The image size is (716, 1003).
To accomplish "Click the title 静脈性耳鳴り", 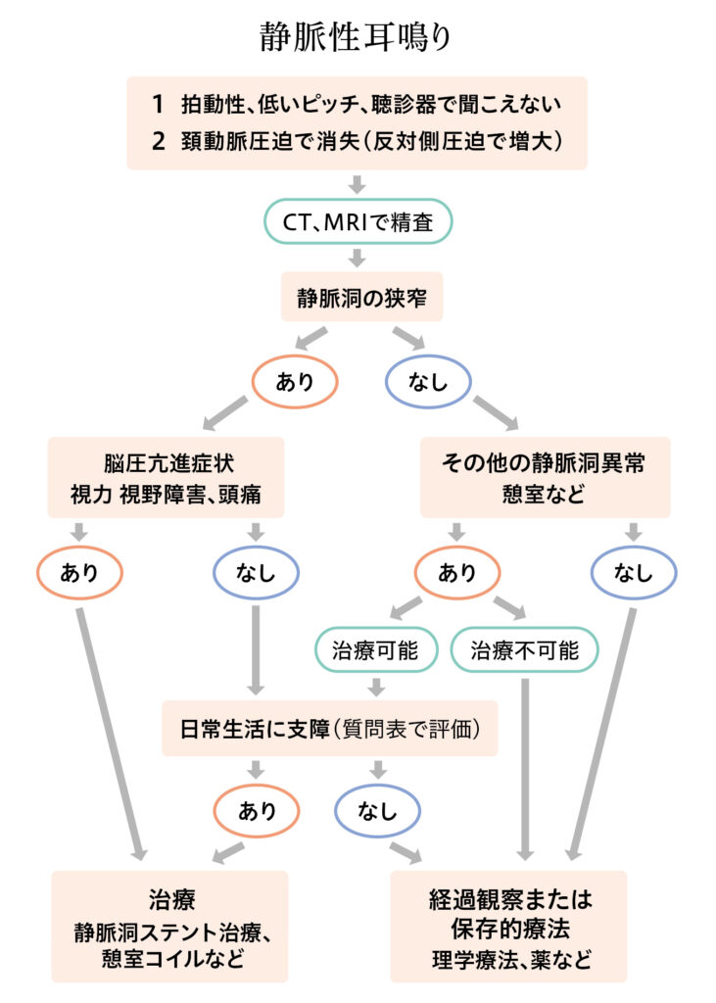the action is point(356,36).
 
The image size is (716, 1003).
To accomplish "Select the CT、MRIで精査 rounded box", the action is point(358,221).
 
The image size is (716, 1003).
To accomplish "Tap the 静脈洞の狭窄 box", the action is point(361,297).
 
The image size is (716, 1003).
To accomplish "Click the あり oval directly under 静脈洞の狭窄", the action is point(295,381).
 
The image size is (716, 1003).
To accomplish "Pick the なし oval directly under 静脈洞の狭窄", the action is point(428,381).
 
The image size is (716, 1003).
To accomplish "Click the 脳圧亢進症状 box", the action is point(166,477).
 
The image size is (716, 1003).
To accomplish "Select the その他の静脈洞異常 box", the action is point(546,477).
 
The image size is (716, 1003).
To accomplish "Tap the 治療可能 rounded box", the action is point(376,650).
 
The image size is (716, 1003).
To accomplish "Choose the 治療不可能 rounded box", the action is point(525,650).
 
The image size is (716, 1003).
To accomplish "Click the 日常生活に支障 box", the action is point(329,729).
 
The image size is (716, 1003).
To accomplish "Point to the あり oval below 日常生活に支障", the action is point(257,810).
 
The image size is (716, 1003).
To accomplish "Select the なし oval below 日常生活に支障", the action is point(377,810).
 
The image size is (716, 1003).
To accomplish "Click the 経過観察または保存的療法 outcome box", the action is point(508,927).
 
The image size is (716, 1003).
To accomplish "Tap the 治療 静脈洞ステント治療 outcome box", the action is point(169,927).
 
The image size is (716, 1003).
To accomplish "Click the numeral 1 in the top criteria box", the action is point(158,104).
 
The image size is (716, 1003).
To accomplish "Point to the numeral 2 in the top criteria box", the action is point(158,141).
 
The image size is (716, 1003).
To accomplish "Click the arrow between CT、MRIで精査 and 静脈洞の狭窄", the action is point(358,258).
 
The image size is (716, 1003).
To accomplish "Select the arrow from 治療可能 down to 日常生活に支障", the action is point(377,687).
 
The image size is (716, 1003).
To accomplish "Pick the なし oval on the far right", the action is point(634,572).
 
